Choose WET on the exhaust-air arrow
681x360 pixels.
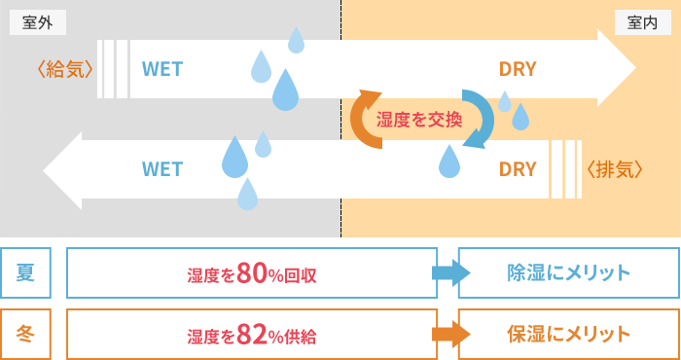coord(162,168)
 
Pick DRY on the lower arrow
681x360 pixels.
coord(518,168)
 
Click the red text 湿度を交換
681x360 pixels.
coord(419,119)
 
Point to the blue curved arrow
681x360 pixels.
coord(479,119)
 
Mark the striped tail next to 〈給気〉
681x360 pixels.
coord(115,68)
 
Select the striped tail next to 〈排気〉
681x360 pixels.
coord(565,168)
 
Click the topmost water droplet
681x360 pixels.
coord(296,40)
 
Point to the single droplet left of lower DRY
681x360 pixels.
coord(448,162)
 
